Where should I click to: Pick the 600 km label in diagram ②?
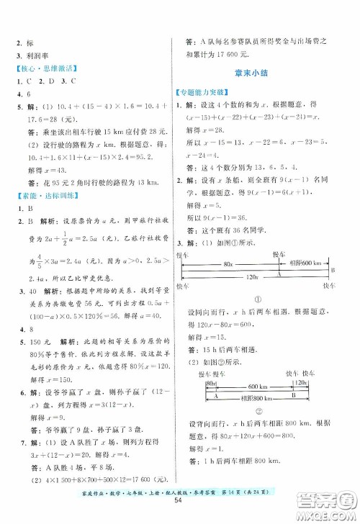264,384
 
